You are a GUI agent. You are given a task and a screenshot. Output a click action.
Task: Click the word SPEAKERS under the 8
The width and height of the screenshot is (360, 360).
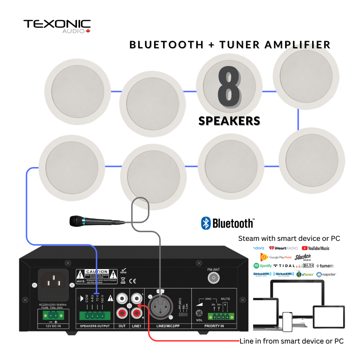229,121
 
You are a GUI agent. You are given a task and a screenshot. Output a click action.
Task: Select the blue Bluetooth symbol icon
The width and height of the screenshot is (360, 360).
206,223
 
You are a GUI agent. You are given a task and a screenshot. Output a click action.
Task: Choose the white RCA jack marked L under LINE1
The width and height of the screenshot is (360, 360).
137,298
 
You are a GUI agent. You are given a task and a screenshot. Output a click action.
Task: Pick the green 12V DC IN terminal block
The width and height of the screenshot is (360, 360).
53,316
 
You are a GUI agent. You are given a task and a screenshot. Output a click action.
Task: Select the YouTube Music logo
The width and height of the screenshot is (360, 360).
315,248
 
